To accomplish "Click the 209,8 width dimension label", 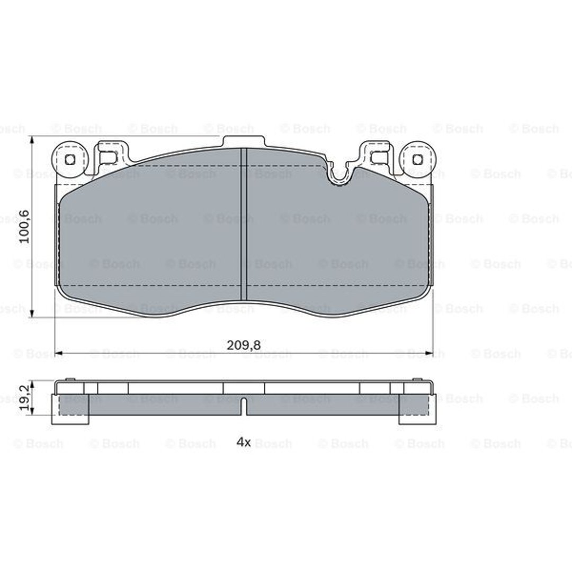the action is [x=244, y=345].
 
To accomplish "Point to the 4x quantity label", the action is [x=244, y=442].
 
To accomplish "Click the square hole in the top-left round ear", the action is [x=70, y=159].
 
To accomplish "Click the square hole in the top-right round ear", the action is [x=417, y=159].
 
